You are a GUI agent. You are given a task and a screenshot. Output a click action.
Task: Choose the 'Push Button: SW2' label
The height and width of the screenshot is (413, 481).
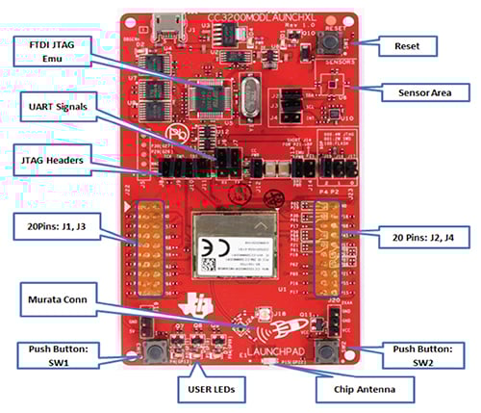click(x=430, y=354)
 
